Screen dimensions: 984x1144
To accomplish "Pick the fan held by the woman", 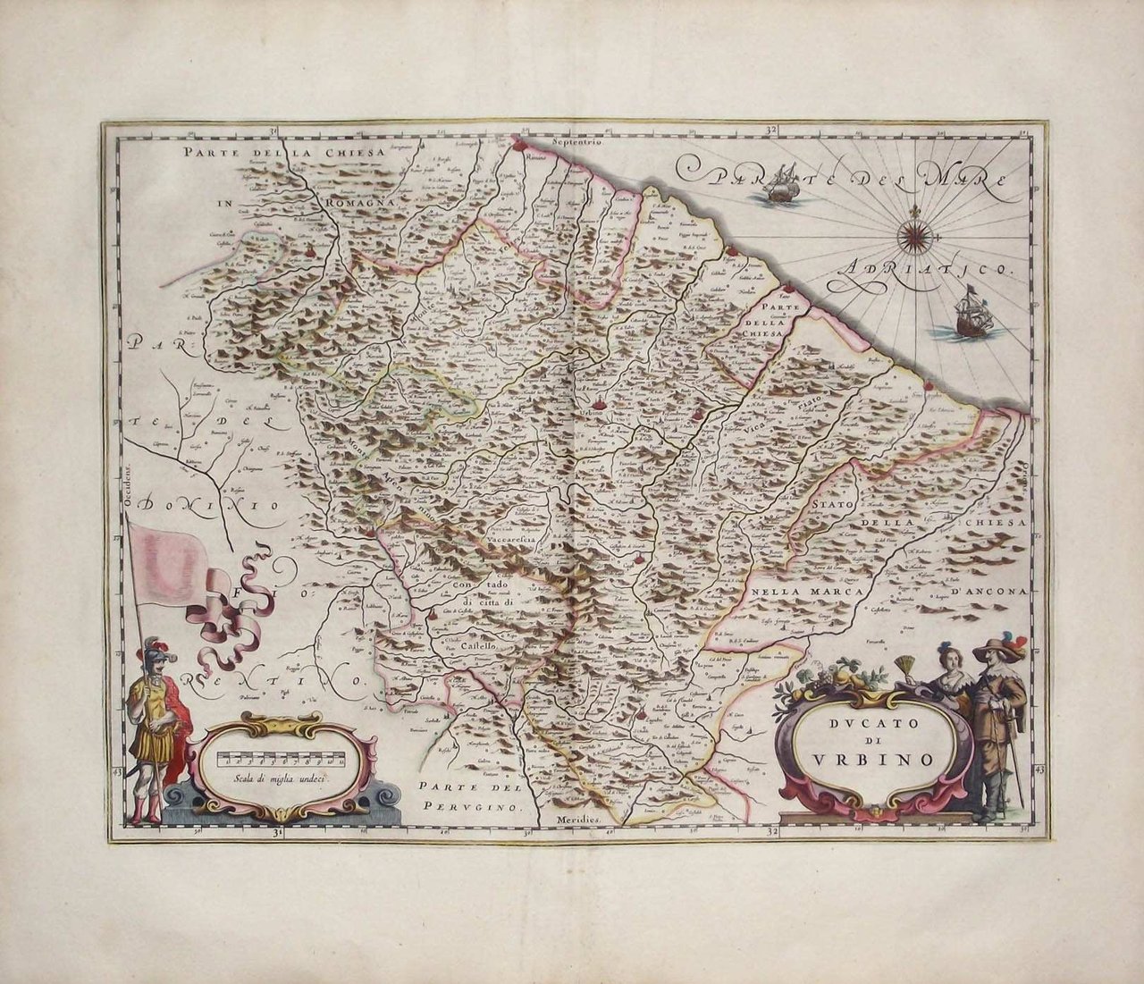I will pos(908,668).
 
